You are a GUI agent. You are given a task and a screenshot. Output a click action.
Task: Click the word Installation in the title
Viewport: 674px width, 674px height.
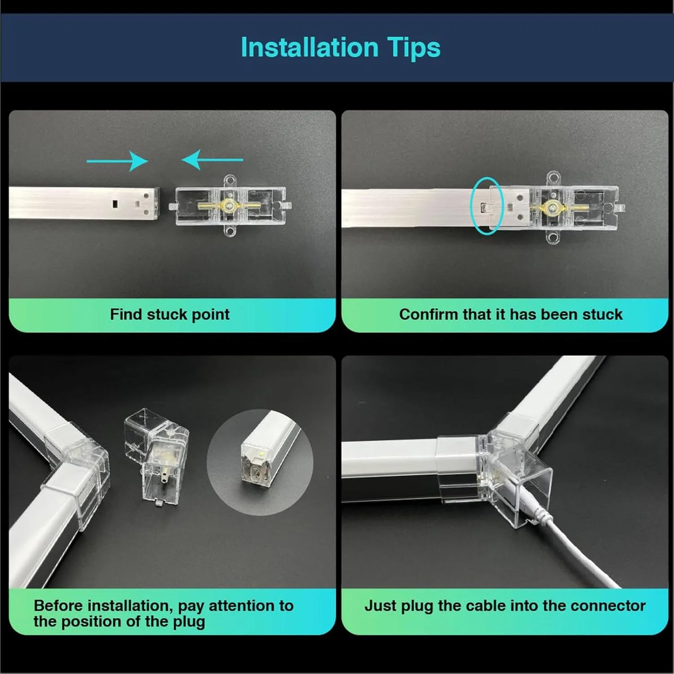coord(310,47)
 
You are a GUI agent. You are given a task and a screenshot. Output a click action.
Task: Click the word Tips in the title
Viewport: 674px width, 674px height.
coord(413,48)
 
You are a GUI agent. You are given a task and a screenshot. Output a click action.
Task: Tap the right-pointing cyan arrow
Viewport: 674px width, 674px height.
coord(117,161)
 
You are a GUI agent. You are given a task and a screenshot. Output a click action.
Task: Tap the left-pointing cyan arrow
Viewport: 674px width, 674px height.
coord(212,160)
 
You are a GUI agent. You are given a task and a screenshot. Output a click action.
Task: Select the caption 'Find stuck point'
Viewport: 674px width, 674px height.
coord(170,315)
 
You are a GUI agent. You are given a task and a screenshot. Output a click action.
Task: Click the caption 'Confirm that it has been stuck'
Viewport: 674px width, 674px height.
coord(511,315)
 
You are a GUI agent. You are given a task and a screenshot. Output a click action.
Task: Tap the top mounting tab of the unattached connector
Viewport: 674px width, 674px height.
coord(230,181)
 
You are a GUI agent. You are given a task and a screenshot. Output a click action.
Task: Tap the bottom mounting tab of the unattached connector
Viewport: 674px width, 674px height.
coord(230,231)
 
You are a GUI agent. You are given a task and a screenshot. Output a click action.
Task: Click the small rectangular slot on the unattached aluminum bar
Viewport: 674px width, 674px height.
coord(115,204)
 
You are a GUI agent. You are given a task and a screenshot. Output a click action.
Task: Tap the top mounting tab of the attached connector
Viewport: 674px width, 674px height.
coord(553,178)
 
